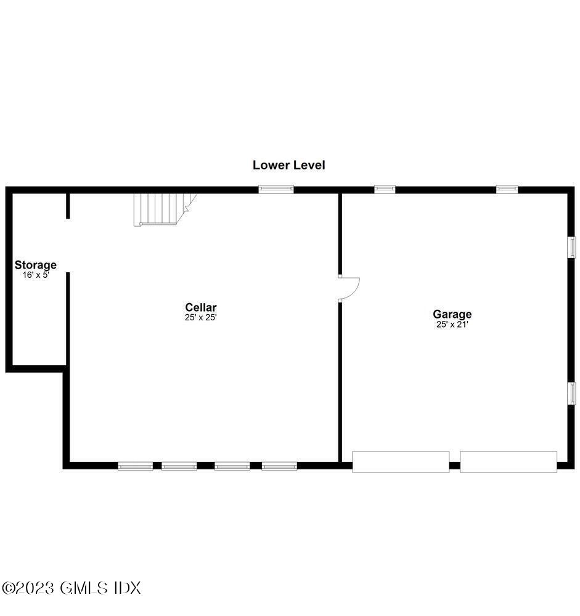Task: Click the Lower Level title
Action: click(288, 165)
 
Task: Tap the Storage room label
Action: click(36, 265)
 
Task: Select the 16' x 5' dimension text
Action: click(36, 275)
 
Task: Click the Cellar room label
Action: click(201, 307)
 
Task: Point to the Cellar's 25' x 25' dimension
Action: click(201, 318)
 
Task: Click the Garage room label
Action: click(452, 314)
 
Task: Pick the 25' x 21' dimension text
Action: click(452, 325)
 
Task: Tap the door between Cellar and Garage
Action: click(348, 288)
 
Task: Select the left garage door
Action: click(401, 462)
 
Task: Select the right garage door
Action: click(509, 462)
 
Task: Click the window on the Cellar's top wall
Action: click(276, 190)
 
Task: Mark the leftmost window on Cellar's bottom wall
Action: click(136, 466)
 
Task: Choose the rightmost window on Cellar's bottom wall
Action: click(279, 466)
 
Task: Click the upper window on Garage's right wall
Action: click(571, 247)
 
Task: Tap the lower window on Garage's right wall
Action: click(571, 393)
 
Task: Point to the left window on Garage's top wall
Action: click(385, 190)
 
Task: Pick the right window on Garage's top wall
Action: click(507, 190)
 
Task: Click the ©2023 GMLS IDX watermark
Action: click(71, 588)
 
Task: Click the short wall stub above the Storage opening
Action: click(68, 206)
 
